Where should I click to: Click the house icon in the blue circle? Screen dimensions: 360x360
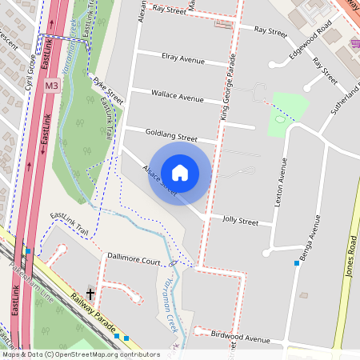(180, 173)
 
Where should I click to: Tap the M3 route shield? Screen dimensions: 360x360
(52, 85)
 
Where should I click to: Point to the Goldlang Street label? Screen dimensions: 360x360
(171, 137)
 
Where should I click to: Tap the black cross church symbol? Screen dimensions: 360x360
(90, 294)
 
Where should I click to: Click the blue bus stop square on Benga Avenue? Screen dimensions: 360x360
(297, 262)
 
